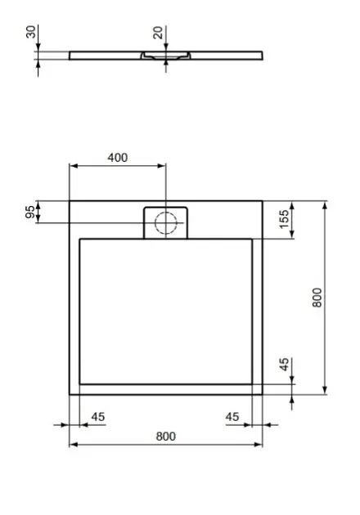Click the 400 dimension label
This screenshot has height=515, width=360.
(x=117, y=158)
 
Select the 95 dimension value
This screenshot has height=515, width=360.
(x=30, y=212)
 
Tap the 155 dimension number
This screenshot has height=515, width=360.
(x=284, y=219)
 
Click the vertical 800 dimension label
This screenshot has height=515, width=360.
(x=317, y=298)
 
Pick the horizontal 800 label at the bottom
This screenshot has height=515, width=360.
(x=166, y=437)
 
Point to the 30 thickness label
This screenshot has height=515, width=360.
(x=31, y=32)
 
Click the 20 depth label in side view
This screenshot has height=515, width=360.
(x=158, y=33)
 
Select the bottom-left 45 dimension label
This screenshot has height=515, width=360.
(x=98, y=417)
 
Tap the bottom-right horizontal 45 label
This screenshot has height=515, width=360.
(x=232, y=417)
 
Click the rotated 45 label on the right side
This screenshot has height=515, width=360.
(x=284, y=365)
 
